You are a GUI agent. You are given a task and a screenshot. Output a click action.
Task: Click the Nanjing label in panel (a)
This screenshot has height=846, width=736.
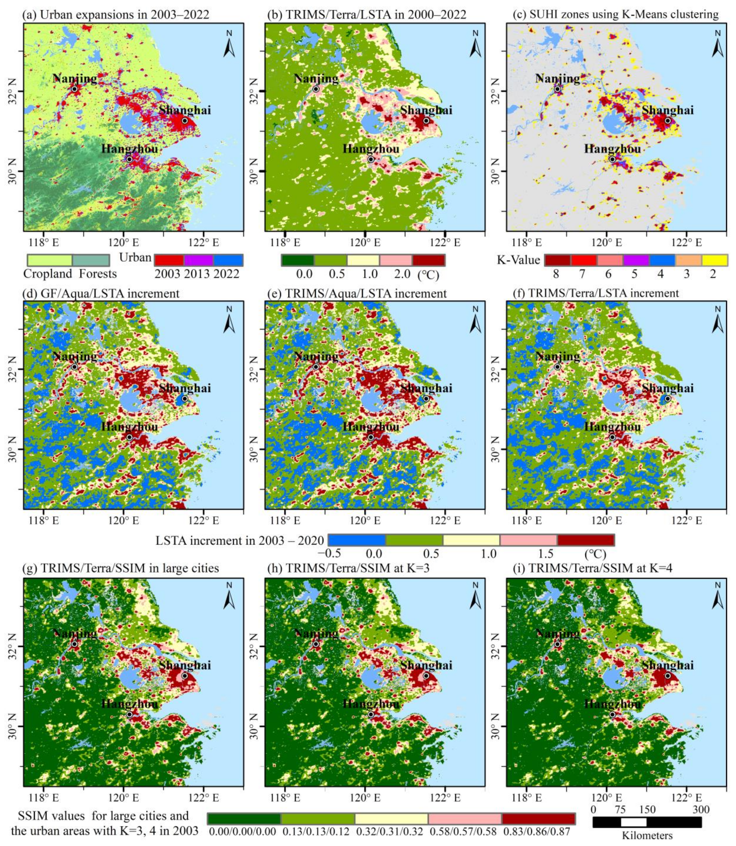pos(75,78)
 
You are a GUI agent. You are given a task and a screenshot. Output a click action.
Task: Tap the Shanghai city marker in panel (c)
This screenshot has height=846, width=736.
pos(668,121)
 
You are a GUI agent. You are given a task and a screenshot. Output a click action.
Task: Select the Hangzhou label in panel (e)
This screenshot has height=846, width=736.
pos(371,427)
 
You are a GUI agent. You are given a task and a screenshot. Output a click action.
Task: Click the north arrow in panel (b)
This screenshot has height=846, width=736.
pos(475,44)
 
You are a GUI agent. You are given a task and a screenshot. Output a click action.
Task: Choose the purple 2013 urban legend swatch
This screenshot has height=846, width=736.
pos(199,260)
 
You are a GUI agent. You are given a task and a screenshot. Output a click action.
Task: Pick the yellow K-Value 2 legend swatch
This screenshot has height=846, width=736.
pos(715,260)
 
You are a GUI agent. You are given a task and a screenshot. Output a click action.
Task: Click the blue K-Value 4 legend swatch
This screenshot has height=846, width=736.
pos(662,260)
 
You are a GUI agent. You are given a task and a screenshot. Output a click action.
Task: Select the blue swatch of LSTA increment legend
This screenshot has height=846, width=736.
pos(357,540)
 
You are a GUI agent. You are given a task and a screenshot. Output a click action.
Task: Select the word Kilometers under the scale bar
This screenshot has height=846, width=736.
pos(647,836)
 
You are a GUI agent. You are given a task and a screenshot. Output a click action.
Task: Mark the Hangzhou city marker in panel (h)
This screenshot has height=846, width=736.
pos(371,715)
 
